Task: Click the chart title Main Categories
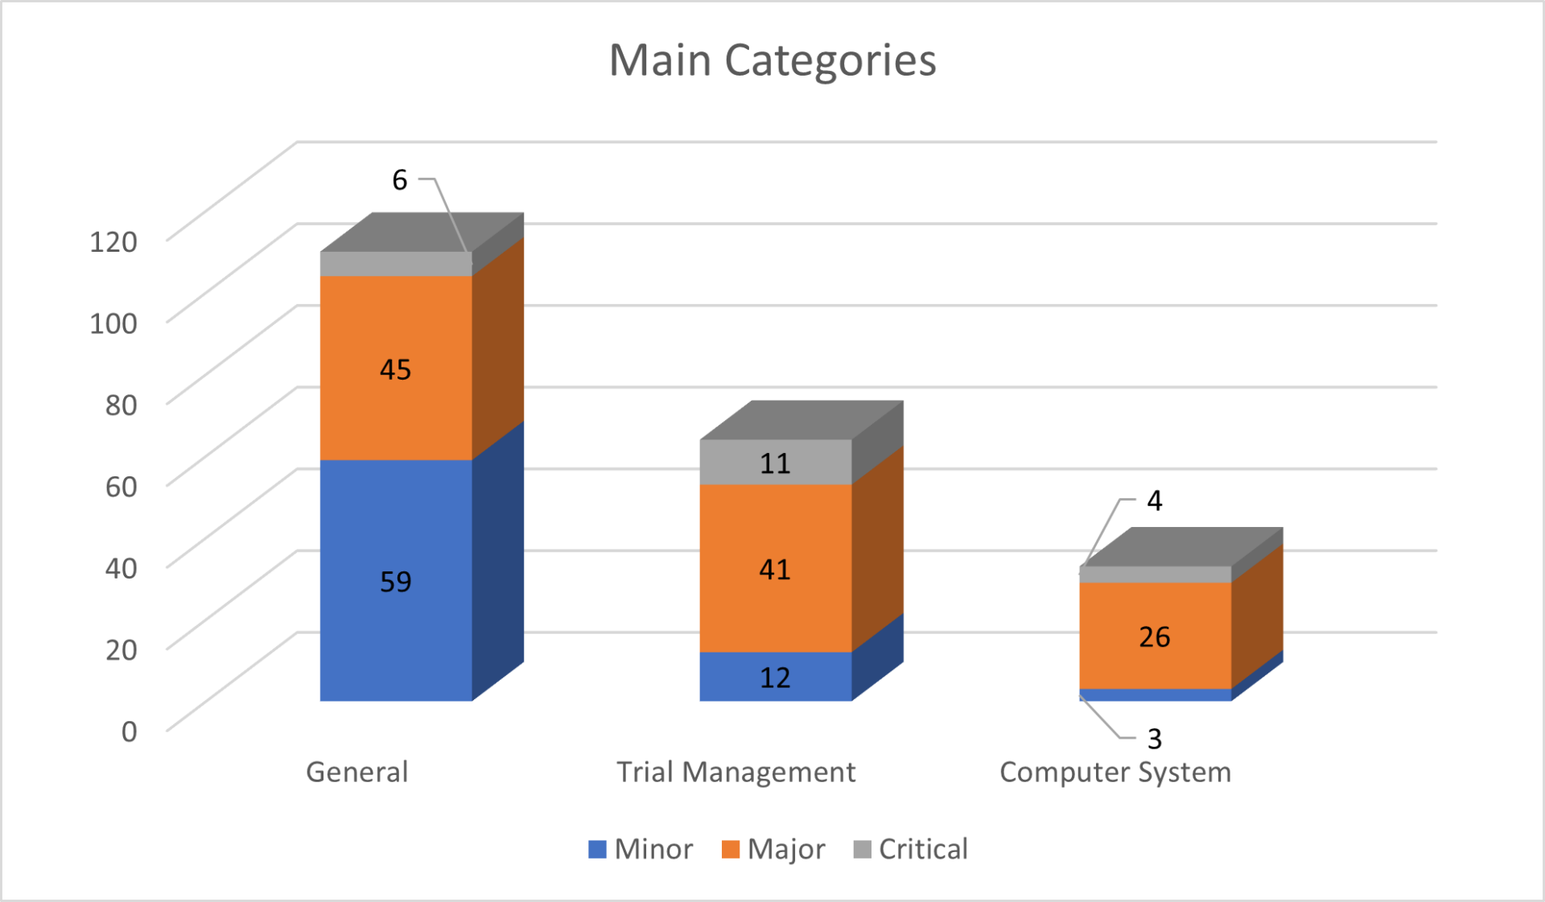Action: (772, 60)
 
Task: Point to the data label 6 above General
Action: (400, 179)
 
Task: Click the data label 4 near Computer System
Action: (1154, 500)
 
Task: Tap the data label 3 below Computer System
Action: (1154, 738)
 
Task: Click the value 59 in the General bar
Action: (395, 581)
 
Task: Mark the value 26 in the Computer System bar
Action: (1154, 636)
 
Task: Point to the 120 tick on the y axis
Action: (113, 241)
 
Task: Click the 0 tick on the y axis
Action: (129, 731)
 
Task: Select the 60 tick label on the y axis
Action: (122, 487)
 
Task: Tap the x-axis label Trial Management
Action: (735, 772)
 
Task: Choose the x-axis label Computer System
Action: (1115, 772)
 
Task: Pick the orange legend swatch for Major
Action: (731, 850)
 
